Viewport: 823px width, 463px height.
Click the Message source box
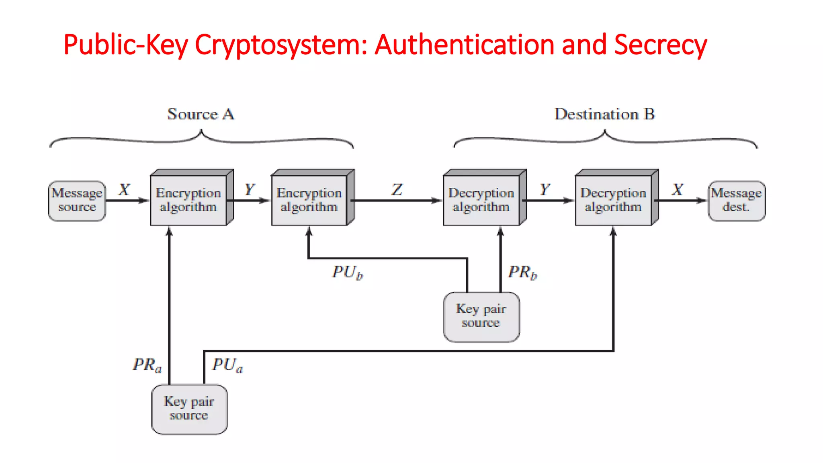point(77,201)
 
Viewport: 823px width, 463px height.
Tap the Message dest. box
point(736,201)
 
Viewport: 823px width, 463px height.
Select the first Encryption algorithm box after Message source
point(188,200)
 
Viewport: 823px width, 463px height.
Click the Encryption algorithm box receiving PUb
point(309,200)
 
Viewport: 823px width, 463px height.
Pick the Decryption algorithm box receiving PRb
point(481,200)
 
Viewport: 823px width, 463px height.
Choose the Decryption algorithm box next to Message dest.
point(613,200)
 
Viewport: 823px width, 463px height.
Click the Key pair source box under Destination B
point(481,317)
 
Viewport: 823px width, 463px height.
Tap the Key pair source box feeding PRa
point(189,409)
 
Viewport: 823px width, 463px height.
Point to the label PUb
point(347,272)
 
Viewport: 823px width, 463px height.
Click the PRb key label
point(522,272)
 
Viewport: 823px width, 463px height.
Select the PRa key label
point(147,365)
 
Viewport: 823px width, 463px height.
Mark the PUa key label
point(227,365)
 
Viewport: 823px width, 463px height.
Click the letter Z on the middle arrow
point(397,189)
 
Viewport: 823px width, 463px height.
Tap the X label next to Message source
point(124,189)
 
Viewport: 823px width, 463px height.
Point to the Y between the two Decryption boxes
point(545,189)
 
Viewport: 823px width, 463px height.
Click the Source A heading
point(201,114)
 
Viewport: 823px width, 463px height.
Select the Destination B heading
point(604,114)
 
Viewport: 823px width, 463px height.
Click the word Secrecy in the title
point(660,45)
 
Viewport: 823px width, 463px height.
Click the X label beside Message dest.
point(678,189)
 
